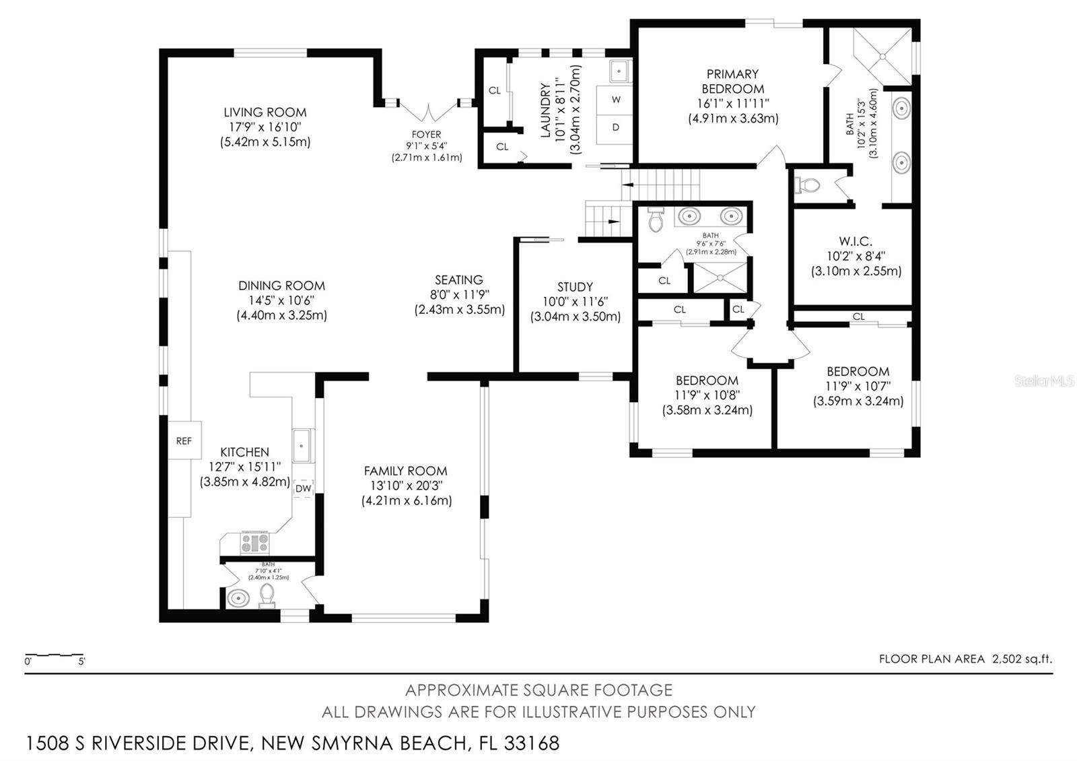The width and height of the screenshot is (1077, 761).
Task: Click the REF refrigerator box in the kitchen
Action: coord(183,440)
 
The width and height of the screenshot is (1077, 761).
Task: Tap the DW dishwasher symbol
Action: coord(304,488)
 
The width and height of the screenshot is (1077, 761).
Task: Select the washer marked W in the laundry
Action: coord(616,100)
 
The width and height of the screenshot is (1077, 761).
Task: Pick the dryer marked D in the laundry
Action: coord(616,127)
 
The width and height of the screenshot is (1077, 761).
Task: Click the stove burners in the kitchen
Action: coord(254,542)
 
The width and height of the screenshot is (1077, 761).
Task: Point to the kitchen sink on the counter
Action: coord(303,446)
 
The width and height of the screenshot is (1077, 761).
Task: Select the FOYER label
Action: coord(427,135)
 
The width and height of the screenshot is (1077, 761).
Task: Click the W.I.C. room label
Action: coord(856,241)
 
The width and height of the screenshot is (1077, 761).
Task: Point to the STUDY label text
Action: coord(575,287)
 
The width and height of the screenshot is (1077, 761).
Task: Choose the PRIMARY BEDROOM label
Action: coord(732,81)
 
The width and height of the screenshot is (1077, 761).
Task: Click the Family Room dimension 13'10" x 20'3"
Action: coord(406,486)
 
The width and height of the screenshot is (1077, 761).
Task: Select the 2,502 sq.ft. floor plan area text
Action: coord(1022,659)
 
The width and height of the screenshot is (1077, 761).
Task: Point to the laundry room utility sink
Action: coord(619,70)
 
